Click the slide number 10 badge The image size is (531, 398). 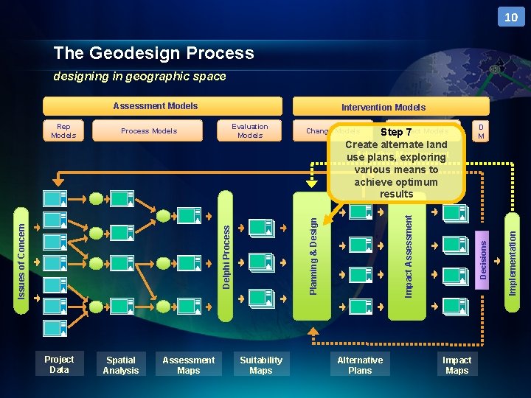(x=510, y=17)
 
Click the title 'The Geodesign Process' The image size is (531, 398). (x=153, y=53)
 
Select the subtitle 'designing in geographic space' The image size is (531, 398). (x=139, y=77)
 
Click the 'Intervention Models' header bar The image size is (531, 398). (x=383, y=107)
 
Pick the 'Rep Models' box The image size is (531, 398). (x=63, y=131)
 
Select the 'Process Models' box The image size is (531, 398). (x=149, y=131)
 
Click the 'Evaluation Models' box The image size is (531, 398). (x=250, y=131)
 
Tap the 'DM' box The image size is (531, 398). (x=481, y=131)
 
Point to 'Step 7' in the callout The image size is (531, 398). (x=396, y=133)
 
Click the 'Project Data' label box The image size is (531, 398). (x=59, y=365)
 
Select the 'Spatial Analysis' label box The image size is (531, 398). (x=121, y=366)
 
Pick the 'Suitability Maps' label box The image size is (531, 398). (x=261, y=366)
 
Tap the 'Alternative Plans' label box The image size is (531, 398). (x=360, y=366)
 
